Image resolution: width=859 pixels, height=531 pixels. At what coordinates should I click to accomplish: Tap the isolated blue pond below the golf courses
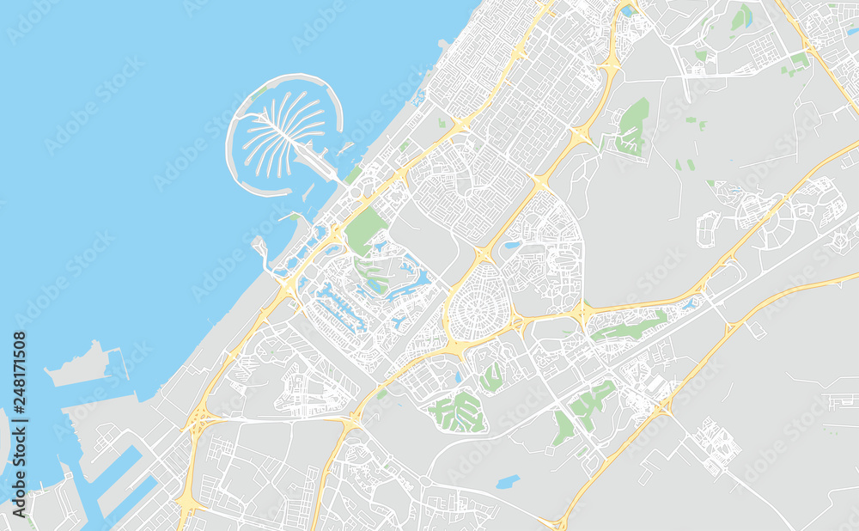click(508, 481)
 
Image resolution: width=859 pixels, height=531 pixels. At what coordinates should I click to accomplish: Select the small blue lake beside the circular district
click(513, 245)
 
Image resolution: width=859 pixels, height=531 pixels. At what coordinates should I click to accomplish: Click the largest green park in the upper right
click(634, 126)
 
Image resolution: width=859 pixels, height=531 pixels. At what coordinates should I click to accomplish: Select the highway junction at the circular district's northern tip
click(484, 254)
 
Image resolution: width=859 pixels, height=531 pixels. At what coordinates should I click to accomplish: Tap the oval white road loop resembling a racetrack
click(709, 229)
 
